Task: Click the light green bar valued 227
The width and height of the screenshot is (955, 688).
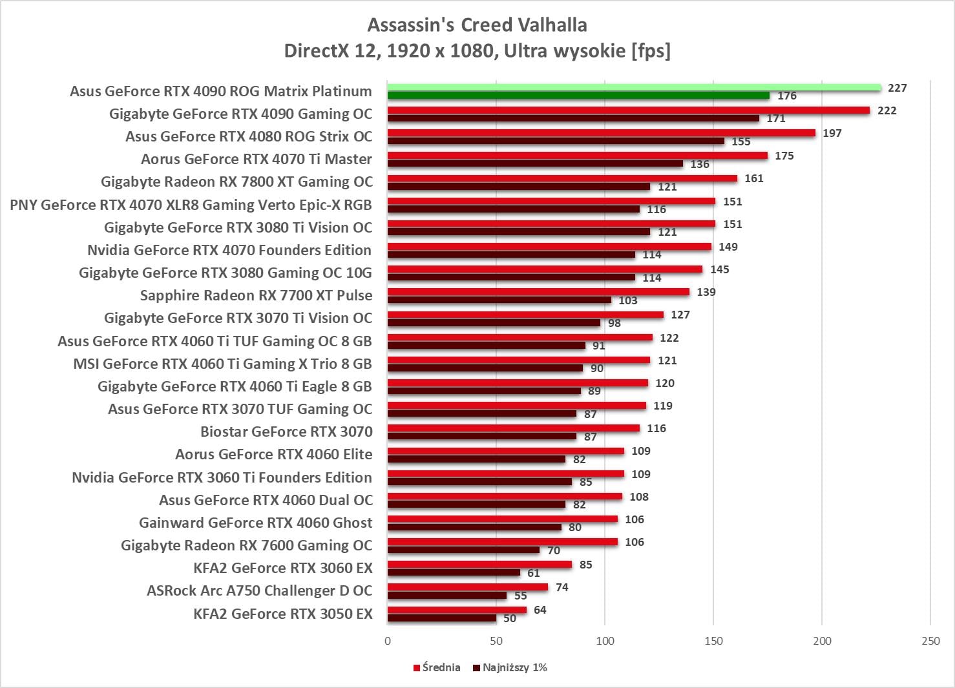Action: [x=634, y=87]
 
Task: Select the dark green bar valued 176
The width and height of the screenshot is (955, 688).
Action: [x=578, y=96]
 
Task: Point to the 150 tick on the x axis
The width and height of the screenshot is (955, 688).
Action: [x=713, y=641]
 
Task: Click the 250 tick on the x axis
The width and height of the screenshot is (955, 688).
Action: [x=930, y=641]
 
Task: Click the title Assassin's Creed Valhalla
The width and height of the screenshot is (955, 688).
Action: [x=477, y=25]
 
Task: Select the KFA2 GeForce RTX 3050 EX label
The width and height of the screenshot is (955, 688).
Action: [x=282, y=614]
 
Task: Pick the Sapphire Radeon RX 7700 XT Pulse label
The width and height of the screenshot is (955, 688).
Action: [x=256, y=295]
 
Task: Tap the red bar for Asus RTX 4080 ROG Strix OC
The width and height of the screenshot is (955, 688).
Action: [x=601, y=133]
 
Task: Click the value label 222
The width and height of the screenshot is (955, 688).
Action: [x=887, y=110]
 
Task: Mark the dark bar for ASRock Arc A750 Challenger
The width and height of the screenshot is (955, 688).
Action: [x=446, y=596]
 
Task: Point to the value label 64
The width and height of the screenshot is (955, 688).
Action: [x=540, y=610]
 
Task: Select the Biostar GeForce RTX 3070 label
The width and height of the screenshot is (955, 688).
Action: [x=286, y=432]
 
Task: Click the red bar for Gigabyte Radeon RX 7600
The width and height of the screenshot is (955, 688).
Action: [x=502, y=542]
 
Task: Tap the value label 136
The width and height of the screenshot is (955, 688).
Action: [x=699, y=164]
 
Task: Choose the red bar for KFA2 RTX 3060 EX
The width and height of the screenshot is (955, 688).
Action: [x=479, y=565]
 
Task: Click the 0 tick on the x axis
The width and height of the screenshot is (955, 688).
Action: [x=388, y=641]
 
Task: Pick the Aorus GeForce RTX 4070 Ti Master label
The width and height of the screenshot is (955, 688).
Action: [x=257, y=159]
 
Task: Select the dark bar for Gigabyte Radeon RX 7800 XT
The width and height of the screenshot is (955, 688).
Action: [x=518, y=187]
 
